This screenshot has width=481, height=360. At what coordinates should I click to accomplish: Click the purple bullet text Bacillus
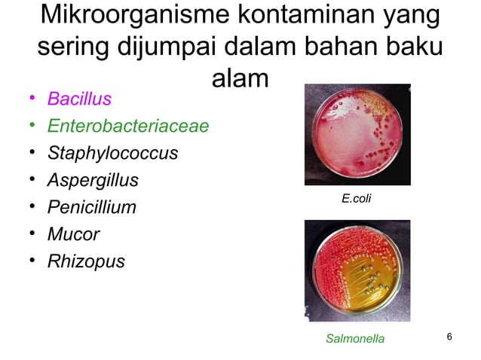point(79,99)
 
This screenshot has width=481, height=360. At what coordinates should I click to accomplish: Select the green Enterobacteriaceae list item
point(127,126)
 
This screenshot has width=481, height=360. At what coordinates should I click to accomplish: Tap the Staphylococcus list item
point(112,153)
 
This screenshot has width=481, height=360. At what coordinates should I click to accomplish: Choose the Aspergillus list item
point(98,180)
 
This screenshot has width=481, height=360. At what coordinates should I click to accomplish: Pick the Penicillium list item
point(91,207)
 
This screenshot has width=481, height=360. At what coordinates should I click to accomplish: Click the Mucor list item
point(73,234)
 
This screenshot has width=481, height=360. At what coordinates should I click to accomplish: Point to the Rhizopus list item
point(86,261)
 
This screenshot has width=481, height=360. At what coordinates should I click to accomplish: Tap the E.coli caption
point(357,199)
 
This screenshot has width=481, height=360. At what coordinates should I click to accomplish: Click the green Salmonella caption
point(354,339)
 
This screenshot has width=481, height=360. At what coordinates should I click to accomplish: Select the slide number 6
point(450,337)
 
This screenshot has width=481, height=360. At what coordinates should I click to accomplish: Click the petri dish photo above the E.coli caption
point(357,134)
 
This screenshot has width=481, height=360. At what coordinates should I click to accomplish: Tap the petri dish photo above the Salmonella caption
point(357,270)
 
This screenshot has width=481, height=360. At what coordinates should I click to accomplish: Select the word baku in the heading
point(410,47)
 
